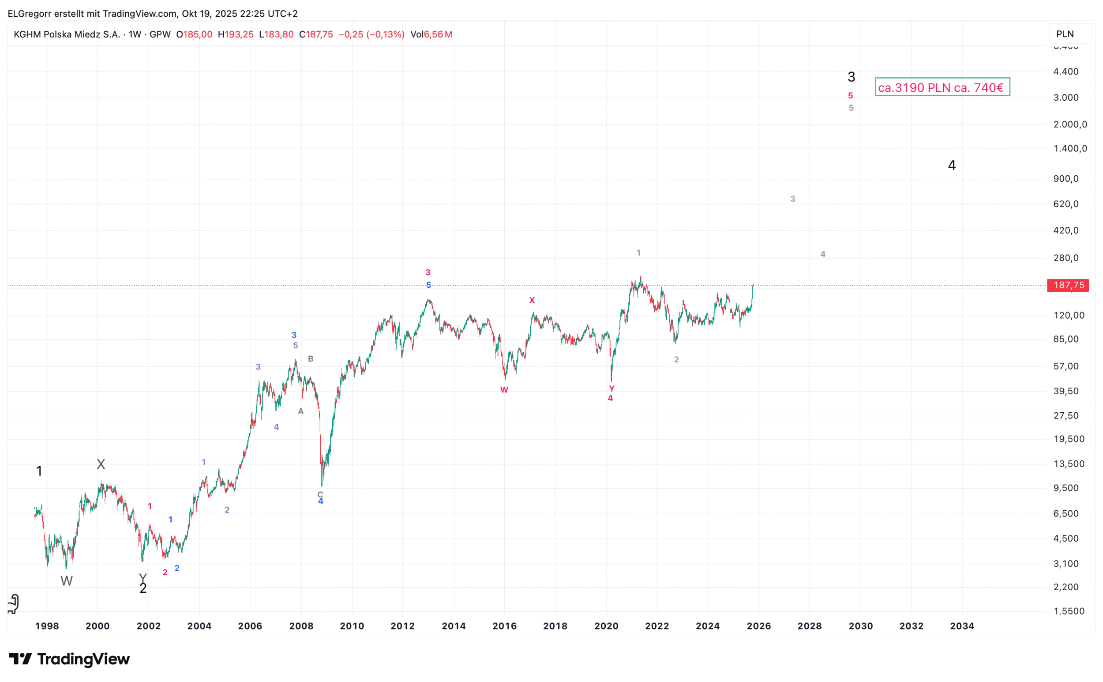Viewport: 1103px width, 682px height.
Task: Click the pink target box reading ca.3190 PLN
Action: (x=942, y=87)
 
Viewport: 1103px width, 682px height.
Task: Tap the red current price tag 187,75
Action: (x=1068, y=286)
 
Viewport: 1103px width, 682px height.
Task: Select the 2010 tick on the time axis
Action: (x=352, y=626)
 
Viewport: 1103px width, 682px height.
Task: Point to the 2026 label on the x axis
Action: (x=758, y=626)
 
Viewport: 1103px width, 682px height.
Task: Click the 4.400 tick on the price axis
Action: (x=1065, y=72)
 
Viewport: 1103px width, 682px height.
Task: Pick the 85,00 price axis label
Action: (x=1065, y=339)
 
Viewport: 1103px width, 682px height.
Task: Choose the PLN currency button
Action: (x=1065, y=34)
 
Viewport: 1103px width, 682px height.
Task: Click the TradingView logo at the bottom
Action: (x=69, y=659)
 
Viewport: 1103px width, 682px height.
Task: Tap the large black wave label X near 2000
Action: (x=101, y=464)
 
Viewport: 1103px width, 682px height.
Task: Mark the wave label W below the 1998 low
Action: (x=66, y=581)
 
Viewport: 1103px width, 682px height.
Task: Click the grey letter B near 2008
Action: (x=311, y=359)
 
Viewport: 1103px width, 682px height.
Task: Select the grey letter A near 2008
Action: (x=300, y=411)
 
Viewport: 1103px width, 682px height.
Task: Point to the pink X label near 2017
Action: (x=532, y=301)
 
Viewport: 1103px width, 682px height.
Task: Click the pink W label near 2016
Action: (x=504, y=390)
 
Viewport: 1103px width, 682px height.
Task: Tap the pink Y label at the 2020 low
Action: (x=612, y=389)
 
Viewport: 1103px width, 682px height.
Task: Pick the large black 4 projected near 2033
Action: (x=952, y=166)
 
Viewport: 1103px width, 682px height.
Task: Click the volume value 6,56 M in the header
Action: (x=438, y=35)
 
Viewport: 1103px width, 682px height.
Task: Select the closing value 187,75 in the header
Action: (x=319, y=35)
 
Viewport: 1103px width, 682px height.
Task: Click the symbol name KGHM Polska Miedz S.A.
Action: (x=67, y=35)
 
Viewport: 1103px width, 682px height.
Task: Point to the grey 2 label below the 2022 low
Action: (x=676, y=360)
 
